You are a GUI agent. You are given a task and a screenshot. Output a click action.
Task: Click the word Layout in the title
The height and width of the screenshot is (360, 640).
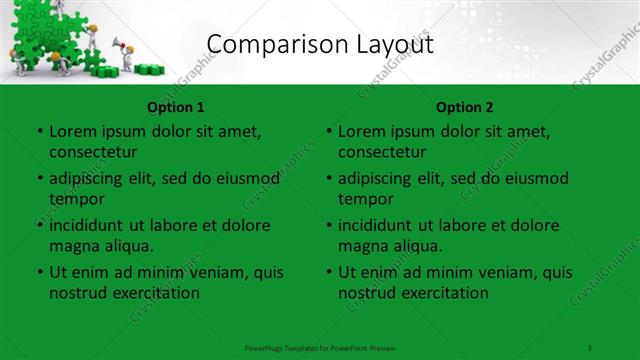(395, 43)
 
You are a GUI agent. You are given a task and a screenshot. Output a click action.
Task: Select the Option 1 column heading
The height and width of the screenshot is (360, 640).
(176, 106)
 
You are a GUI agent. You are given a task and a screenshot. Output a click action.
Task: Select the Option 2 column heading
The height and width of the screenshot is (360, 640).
(465, 106)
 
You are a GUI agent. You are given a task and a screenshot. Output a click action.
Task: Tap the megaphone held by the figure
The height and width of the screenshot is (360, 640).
(118, 43)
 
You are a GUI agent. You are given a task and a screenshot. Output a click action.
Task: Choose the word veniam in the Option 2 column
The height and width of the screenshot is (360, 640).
(503, 272)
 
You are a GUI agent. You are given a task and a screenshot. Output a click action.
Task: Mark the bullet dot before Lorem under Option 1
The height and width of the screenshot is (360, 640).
(39, 131)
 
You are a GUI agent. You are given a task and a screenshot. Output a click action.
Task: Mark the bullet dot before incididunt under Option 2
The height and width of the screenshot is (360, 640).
(328, 225)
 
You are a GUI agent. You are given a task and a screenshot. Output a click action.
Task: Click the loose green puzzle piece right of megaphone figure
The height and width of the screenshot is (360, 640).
(153, 69)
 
